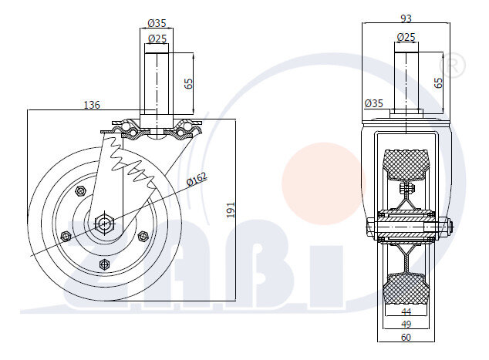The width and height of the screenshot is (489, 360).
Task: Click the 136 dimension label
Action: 92,105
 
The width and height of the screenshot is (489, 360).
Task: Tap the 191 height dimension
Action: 231,210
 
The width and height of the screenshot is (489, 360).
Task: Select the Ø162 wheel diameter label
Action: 197,180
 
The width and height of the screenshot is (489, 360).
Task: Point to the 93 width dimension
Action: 406,19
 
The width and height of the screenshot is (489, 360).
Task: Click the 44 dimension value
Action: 406,311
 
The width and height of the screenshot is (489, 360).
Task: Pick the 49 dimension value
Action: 406,325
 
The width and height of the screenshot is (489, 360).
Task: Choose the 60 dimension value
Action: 406,337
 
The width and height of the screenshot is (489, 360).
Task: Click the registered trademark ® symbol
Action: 452,66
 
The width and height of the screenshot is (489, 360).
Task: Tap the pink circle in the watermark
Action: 323,183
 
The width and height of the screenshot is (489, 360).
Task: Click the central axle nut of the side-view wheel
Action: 104,223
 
